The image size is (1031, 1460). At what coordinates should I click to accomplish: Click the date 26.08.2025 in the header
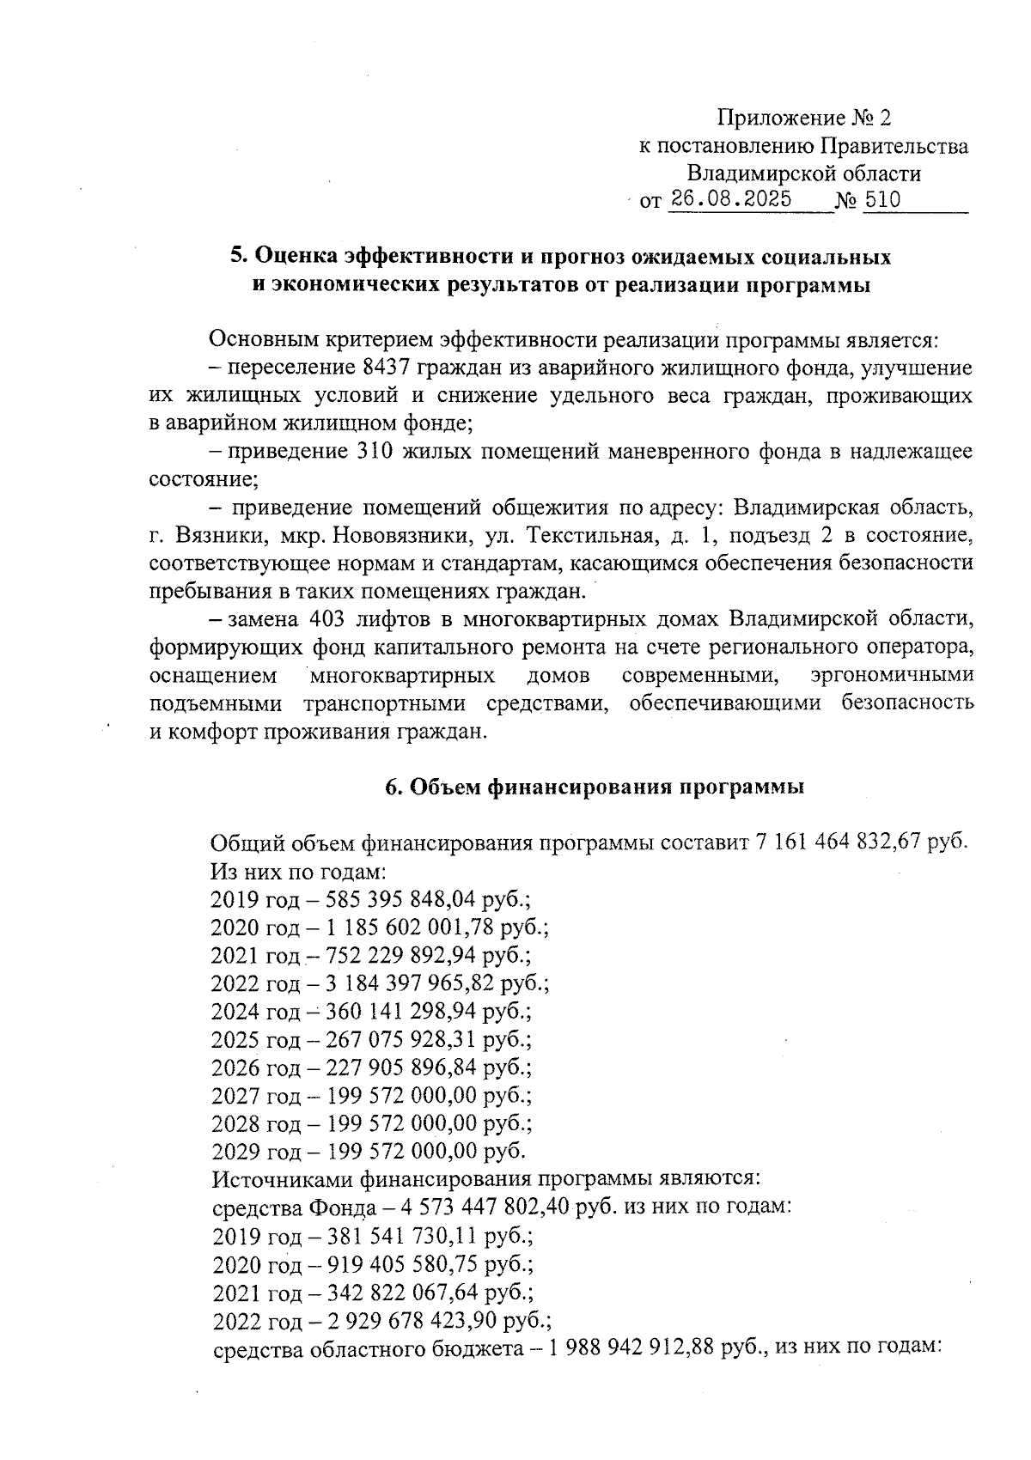(731, 201)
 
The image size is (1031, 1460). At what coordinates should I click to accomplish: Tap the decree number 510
(882, 201)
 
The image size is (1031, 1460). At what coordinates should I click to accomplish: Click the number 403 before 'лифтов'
(328, 619)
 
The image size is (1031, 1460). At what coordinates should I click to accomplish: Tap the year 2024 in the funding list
(235, 1011)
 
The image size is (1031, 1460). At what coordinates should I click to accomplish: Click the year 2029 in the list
(235, 1151)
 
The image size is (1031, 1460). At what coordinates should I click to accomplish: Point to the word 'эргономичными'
(891, 675)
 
